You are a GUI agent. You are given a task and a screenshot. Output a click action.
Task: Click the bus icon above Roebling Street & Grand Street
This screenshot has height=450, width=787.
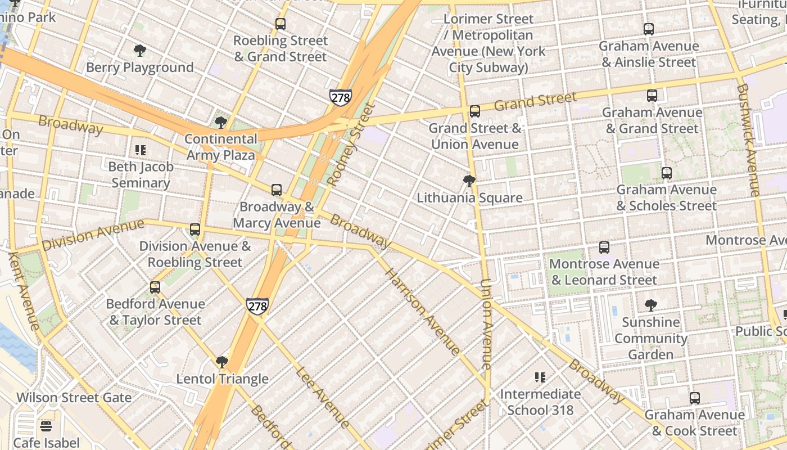[280, 24]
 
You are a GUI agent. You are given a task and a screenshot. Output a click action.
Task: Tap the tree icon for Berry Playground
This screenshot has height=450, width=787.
[140, 51]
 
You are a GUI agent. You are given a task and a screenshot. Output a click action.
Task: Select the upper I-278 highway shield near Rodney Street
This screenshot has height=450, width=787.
[341, 97]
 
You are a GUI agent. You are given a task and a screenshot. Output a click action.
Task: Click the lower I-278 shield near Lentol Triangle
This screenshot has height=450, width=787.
[257, 306]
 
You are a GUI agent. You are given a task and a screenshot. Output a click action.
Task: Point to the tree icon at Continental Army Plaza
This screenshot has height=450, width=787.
[221, 122]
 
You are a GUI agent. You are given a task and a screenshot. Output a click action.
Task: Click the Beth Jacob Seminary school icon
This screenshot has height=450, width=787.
[140, 150]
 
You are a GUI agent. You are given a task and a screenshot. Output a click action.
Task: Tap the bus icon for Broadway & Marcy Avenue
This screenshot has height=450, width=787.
[276, 190]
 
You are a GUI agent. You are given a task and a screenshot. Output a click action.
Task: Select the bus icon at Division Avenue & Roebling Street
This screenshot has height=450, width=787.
[195, 229]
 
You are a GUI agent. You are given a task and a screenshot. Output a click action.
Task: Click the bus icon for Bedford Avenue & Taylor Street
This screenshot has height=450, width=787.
[155, 287]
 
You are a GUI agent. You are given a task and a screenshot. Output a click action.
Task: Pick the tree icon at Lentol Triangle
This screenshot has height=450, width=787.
[222, 362]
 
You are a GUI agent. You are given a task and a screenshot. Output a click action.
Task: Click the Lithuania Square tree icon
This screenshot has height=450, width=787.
[469, 181]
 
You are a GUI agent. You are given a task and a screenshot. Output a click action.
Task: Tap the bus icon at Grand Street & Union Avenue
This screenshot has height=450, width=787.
[474, 111]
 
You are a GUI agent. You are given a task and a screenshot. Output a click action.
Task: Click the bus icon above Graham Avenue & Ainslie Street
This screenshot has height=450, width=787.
[648, 29]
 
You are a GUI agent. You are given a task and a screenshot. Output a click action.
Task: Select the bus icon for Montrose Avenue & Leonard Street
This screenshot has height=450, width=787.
[604, 247]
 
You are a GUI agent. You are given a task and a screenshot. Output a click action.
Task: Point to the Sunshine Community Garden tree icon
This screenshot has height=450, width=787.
[650, 305]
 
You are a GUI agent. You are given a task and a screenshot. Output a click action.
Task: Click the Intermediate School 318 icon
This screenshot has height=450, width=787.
[540, 377]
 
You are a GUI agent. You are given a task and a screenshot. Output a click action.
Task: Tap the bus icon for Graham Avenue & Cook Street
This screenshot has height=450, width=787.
[694, 398]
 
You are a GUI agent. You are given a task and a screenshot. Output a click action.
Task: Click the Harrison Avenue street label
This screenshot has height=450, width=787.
[422, 311]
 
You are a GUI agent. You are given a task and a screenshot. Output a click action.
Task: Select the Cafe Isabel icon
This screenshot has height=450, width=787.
[46, 426]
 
